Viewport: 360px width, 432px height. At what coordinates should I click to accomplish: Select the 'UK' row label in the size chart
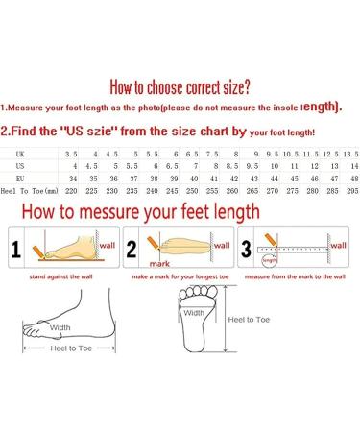click(19, 153)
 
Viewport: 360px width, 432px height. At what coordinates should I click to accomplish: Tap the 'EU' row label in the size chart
click(20, 179)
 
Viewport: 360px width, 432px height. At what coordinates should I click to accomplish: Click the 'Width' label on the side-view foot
click(60, 326)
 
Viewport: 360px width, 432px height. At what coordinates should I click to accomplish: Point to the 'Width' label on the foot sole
click(194, 312)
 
